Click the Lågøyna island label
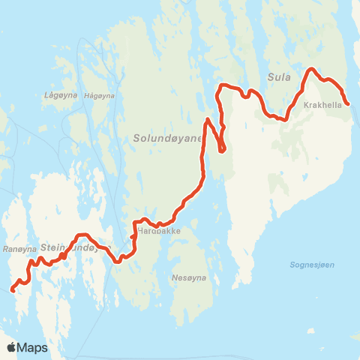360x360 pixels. coord(57,95)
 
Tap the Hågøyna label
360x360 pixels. coord(99,95)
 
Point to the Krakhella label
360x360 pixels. coord(323,106)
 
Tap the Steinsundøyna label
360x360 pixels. coord(75,247)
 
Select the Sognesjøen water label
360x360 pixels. coord(311,265)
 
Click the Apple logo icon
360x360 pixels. coord(11,347)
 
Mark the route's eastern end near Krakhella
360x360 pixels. coord(348,104)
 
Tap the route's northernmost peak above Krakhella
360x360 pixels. coord(311,70)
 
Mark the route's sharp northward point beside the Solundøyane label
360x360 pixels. coord(207,119)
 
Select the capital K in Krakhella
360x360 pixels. coord(307,106)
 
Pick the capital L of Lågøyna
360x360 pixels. coord(46,95)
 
